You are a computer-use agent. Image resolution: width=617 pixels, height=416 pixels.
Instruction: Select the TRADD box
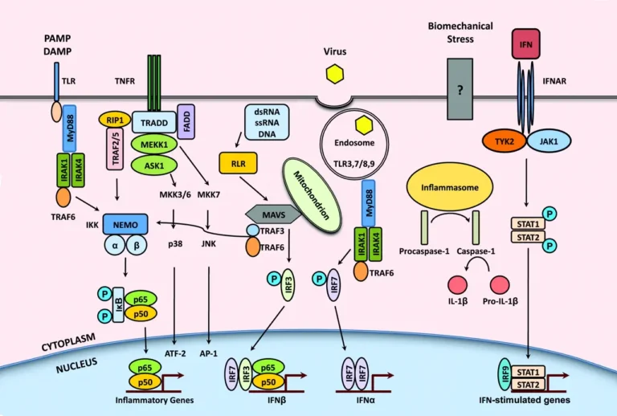coord(153,121)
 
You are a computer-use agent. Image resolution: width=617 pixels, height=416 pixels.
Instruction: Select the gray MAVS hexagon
coord(272,214)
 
